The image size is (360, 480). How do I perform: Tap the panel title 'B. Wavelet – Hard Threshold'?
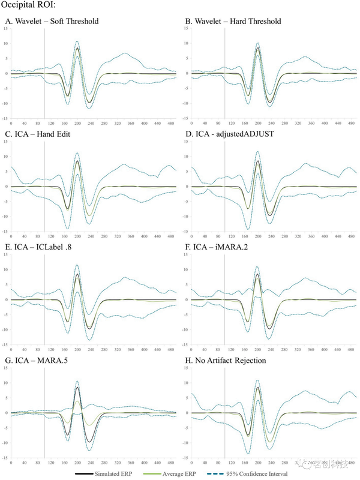233,22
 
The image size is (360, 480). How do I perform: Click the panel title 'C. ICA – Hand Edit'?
37,134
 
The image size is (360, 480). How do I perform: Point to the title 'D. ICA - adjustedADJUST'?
229,134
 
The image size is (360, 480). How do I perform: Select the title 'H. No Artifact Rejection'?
226,360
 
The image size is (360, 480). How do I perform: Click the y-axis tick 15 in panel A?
5,28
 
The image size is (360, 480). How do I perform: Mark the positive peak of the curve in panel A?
77,48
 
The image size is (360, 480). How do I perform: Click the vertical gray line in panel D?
224,186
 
